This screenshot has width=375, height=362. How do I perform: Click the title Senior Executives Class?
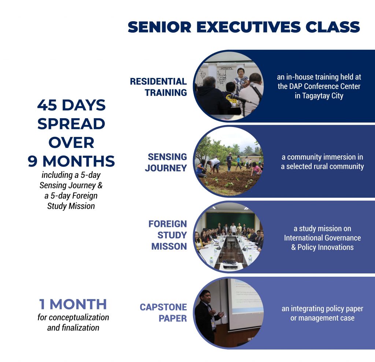244,27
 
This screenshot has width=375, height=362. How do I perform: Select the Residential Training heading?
158,87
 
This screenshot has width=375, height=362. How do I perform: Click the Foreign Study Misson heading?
168,235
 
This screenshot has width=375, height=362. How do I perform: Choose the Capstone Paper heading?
163,312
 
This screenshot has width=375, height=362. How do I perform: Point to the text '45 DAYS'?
71,105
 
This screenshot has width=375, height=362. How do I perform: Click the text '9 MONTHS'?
71,161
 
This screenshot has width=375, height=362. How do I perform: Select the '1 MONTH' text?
73,304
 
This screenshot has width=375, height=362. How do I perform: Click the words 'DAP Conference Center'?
319,87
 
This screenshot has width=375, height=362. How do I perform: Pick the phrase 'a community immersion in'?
322,157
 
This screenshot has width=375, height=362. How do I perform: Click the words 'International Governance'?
322,238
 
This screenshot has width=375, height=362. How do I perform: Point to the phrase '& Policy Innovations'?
322,247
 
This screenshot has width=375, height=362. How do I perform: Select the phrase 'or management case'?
322,318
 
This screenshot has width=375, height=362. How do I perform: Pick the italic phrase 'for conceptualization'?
73,317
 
